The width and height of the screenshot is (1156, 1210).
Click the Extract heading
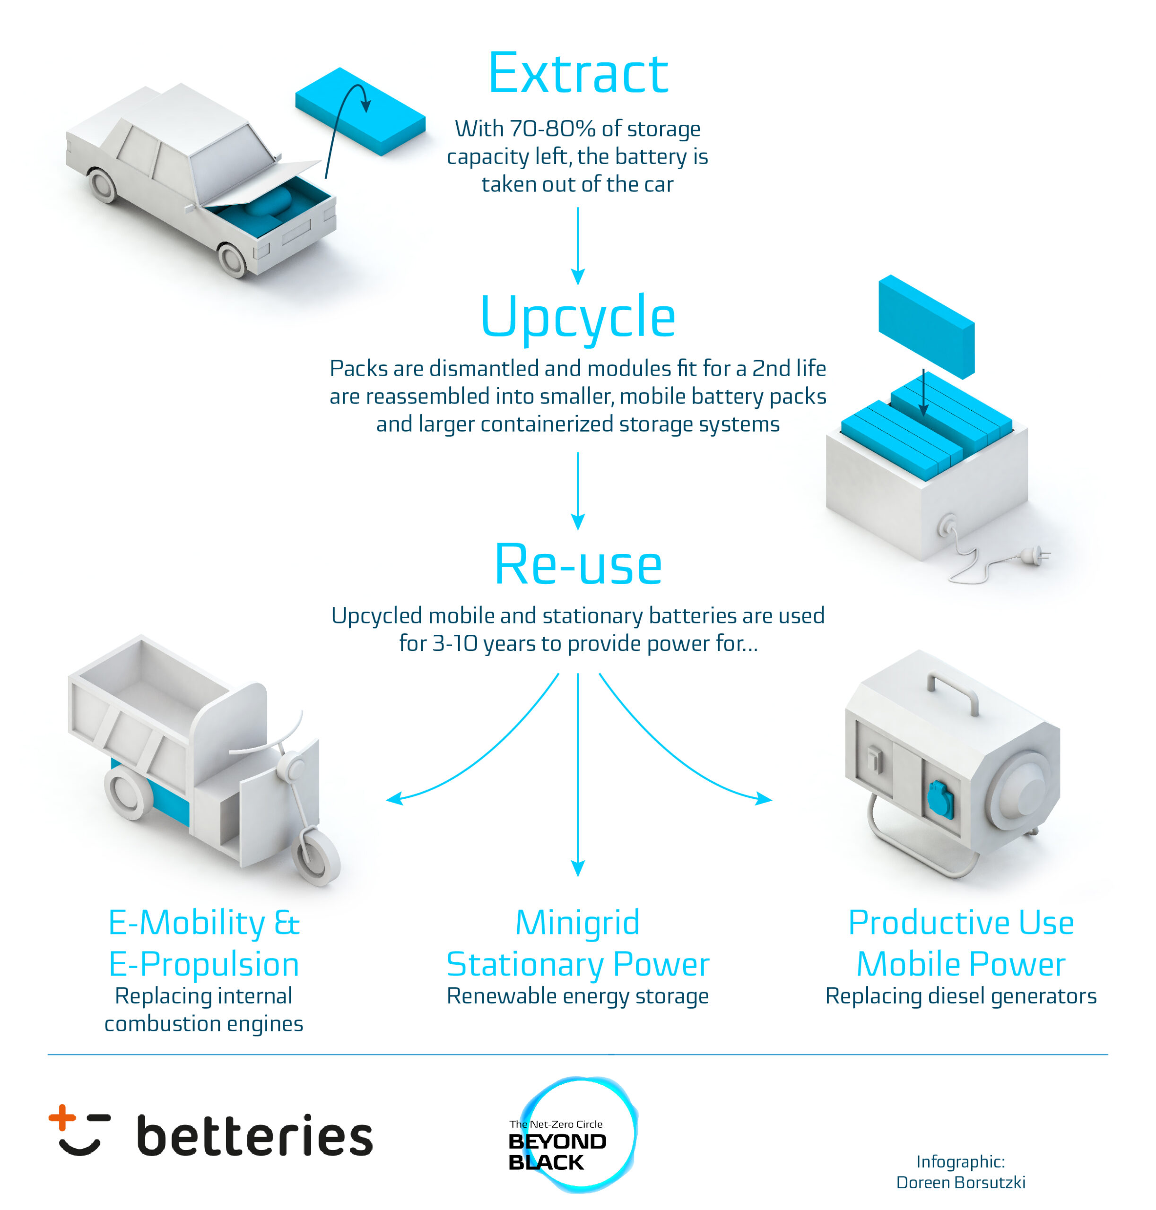(578, 73)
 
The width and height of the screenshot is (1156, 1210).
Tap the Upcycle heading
(578, 317)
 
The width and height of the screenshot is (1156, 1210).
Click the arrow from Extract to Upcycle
(578, 246)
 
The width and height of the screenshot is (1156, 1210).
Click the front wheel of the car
(232, 260)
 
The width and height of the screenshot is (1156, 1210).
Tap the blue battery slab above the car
(360, 111)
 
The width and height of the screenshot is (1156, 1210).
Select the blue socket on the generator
(940, 800)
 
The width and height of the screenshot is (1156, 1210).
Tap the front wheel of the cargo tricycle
(315, 857)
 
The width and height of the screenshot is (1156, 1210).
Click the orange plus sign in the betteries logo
(62, 1117)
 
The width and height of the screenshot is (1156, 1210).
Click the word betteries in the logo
(254, 1134)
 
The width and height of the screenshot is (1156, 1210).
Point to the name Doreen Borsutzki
(961, 1182)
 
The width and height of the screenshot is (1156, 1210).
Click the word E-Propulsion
(204, 965)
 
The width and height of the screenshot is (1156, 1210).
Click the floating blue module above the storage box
(926, 327)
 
